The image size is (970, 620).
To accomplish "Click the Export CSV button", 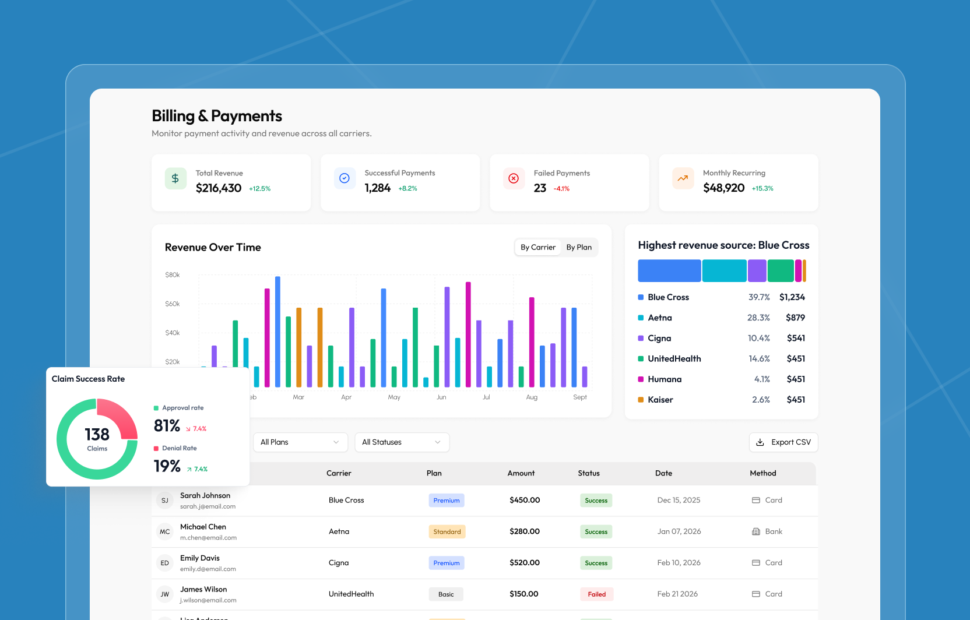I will [x=783, y=442].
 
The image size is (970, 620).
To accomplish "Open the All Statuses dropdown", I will [x=402, y=442].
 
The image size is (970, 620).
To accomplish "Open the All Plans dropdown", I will [x=300, y=442].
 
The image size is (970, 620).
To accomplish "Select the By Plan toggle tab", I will [x=579, y=247].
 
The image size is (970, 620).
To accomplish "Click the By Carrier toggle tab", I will [x=537, y=247].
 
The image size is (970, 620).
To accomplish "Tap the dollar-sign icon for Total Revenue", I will [x=175, y=178].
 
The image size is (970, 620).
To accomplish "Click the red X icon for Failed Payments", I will [x=514, y=178].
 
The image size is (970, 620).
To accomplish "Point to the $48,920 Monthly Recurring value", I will [x=723, y=188].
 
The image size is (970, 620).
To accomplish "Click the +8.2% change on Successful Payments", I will [x=407, y=188].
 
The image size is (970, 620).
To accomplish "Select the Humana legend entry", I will [x=664, y=379].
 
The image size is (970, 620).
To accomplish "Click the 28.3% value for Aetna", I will [x=758, y=318].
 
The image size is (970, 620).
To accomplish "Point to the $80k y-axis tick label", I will [x=173, y=274].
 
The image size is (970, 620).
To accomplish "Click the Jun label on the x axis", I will [x=441, y=397].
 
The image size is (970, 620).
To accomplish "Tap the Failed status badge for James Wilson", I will [x=596, y=594].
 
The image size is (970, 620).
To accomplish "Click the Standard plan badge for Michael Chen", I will [x=447, y=531].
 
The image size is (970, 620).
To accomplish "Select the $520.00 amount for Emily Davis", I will [x=524, y=563].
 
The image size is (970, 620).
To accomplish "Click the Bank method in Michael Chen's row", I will [x=773, y=531].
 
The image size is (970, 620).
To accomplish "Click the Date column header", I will [x=663, y=473].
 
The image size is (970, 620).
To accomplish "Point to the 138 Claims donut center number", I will [x=97, y=435].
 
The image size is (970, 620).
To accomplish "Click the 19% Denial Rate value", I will [x=167, y=466].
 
